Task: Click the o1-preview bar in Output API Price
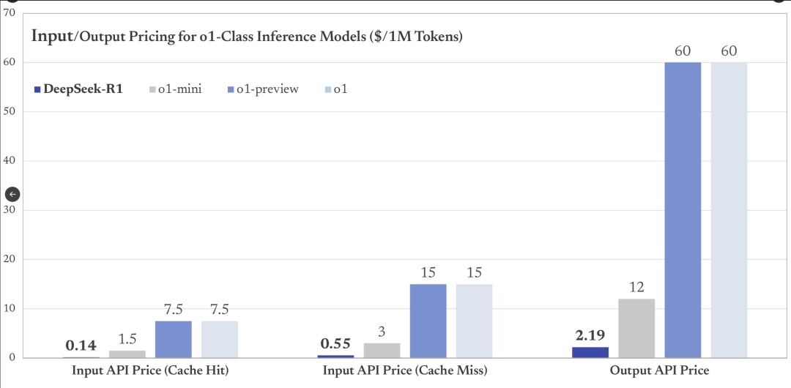coord(683,210)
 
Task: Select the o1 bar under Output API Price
coord(729,210)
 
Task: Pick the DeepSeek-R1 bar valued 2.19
coord(590,352)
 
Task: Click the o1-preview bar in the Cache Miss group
coord(428,321)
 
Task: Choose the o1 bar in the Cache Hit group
coord(220,339)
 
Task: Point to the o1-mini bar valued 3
coord(382,350)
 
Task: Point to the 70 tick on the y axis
coord(9,12)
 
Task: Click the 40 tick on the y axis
coord(9,161)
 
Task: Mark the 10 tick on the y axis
coord(9,309)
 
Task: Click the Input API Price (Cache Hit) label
coord(150,370)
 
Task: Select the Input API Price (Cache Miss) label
coord(405,370)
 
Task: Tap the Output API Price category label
coord(659,370)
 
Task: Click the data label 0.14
coord(81,346)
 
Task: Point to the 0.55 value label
coord(335,343)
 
